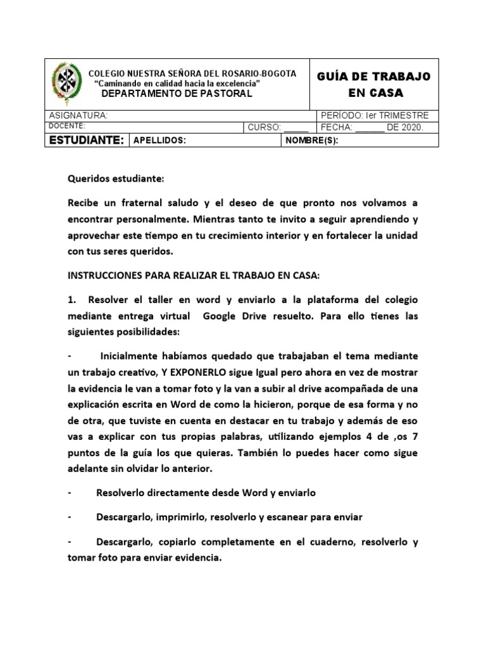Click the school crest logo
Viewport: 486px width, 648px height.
coord(65,84)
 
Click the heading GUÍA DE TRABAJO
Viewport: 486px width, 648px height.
coord(373,77)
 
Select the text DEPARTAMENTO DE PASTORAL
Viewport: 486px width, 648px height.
coord(177,94)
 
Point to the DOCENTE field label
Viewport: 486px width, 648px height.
coord(68,126)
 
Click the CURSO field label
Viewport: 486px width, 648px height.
coord(264,127)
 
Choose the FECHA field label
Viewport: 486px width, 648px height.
coord(337,127)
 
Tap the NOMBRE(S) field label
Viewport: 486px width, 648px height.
coord(312,140)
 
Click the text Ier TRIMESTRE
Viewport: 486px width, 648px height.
coord(397,116)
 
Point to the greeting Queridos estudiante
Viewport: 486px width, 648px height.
coord(116,179)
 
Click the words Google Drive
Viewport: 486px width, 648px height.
coord(231,315)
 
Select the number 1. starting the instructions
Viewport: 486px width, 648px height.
coord(72,299)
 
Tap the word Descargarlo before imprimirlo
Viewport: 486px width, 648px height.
coord(123,517)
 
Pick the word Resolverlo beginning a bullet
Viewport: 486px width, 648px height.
coord(123,492)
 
